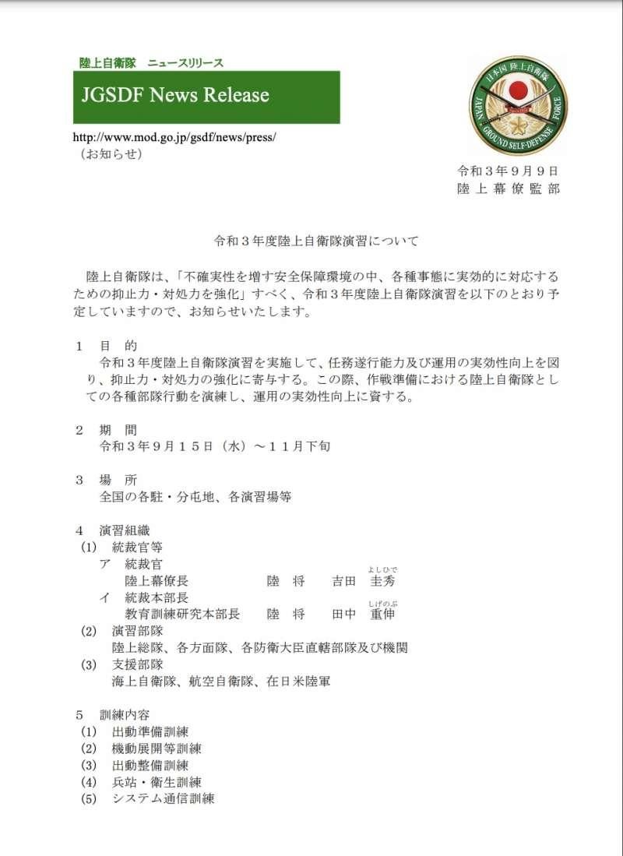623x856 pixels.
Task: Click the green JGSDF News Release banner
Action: (x=206, y=97)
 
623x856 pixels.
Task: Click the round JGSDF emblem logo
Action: (x=518, y=106)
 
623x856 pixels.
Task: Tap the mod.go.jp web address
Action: (x=174, y=137)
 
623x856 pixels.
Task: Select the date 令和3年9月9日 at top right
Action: (x=508, y=171)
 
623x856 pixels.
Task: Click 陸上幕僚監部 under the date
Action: (x=508, y=189)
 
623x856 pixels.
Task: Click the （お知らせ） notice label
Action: (x=111, y=153)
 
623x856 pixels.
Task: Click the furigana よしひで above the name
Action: (x=383, y=569)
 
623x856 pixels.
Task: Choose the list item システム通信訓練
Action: (x=163, y=799)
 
